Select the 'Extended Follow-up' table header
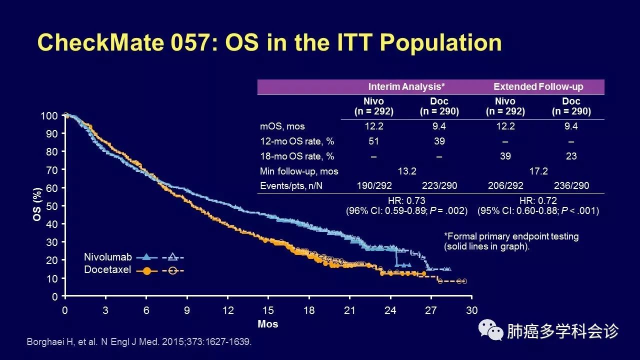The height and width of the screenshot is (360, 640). [x=538, y=86]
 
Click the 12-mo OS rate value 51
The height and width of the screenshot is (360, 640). [x=373, y=141]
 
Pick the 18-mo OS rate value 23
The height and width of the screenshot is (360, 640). [x=571, y=156]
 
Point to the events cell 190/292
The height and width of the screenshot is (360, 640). [x=373, y=185]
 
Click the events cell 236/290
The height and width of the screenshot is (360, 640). [x=571, y=185]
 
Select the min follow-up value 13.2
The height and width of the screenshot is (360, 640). [x=406, y=171]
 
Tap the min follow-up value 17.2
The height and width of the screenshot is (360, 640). [x=538, y=171]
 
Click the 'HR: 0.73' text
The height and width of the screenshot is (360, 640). [x=406, y=201]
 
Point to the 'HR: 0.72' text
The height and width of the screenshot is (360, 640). [x=538, y=201]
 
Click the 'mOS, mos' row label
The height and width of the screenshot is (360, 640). [x=282, y=126]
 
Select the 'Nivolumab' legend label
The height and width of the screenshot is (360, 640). [x=108, y=257]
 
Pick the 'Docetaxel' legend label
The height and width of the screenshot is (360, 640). [x=108, y=270]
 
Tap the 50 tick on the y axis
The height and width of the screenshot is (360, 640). [x=51, y=206]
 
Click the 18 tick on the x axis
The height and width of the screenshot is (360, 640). [x=309, y=310]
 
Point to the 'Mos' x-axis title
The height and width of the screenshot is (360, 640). [x=268, y=324]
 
